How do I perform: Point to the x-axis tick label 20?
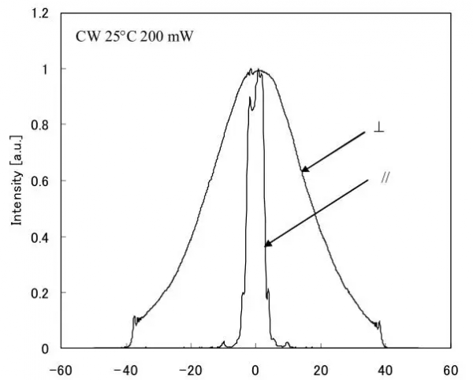[320, 368]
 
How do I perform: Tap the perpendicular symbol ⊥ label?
[379, 127]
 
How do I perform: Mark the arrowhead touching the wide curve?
[303, 170]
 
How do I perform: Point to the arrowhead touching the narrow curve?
[266, 246]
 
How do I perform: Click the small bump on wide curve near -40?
[135, 319]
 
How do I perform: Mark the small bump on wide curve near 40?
[378, 323]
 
